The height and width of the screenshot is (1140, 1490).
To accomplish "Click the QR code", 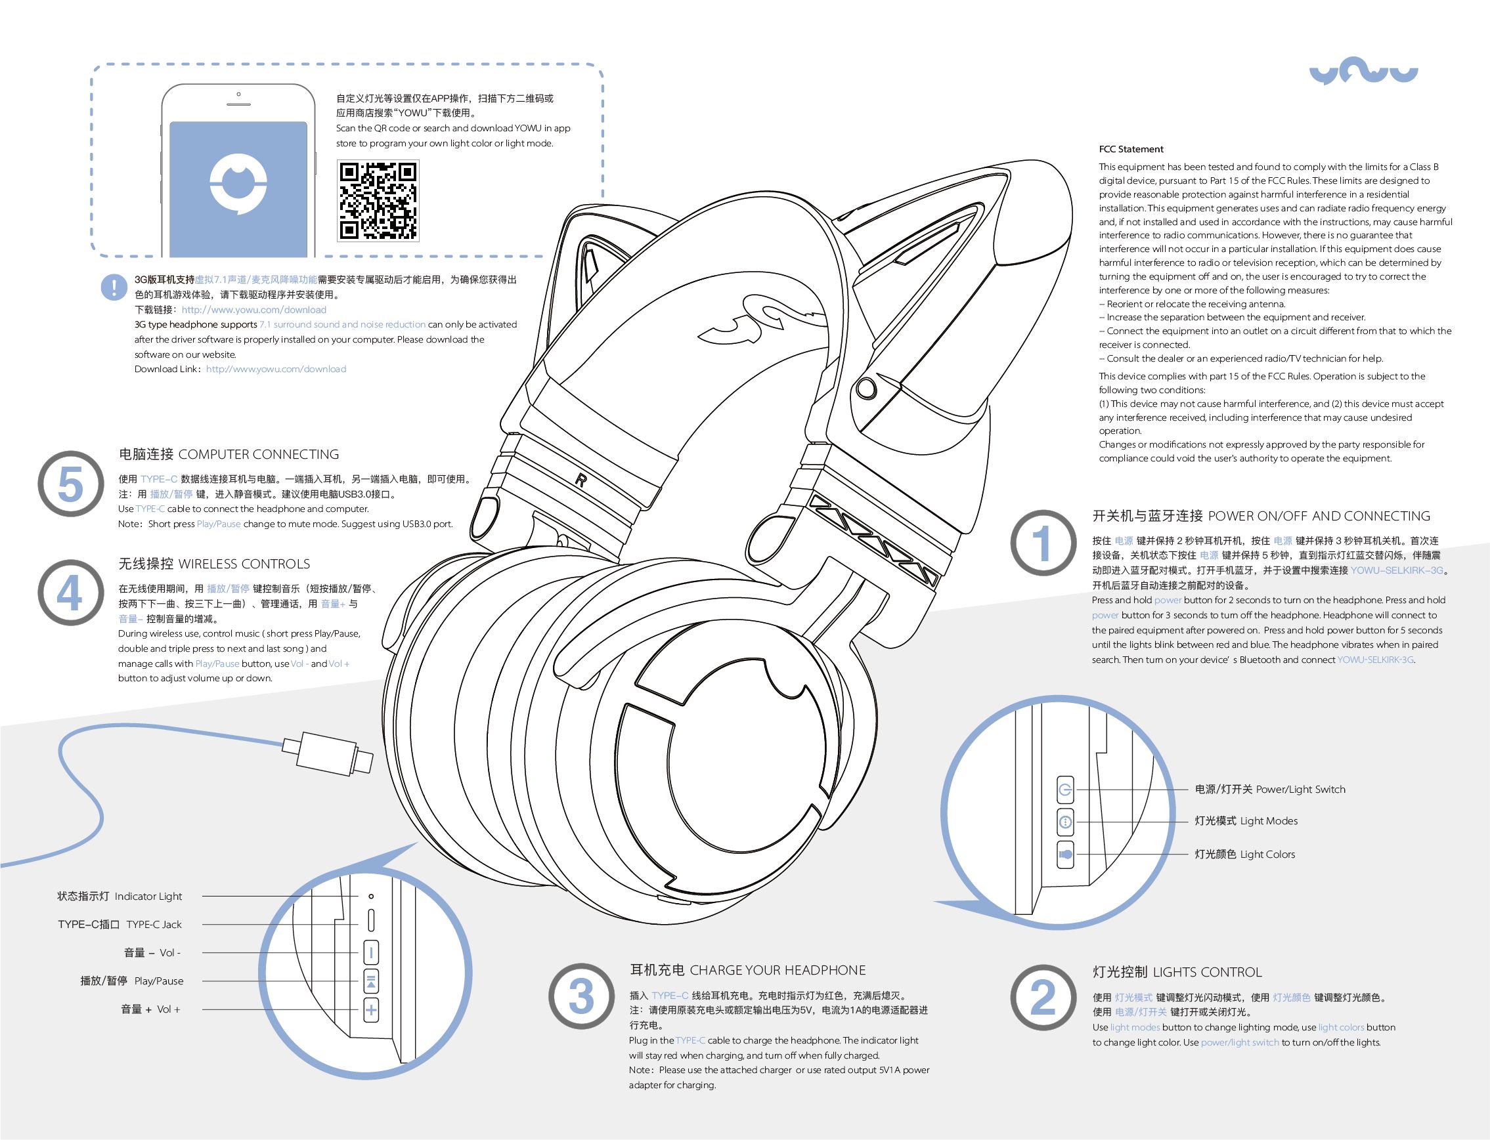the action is point(378,201).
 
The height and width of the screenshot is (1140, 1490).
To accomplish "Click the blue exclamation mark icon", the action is point(114,287).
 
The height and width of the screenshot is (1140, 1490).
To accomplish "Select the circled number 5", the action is point(71,484).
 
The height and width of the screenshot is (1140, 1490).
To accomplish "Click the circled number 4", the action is point(71,593).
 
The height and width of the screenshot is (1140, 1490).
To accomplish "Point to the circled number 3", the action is point(581,996).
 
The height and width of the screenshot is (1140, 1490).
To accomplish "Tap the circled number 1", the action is point(1043,543).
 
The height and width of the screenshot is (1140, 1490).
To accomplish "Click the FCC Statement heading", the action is point(1131,149).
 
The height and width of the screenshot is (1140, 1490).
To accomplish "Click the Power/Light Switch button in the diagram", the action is point(1066,789).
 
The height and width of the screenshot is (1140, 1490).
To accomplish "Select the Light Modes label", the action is point(1246,821).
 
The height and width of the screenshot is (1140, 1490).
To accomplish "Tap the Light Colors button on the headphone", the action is point(1066,855).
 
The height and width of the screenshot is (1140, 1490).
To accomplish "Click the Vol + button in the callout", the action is point(370,1009).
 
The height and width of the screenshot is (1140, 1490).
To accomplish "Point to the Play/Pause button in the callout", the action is point(370,981).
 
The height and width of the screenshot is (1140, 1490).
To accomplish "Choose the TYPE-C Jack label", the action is point(120,924).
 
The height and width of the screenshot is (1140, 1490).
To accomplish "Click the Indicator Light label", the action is point(120,897).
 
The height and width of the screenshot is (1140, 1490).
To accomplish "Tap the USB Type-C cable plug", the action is point(328,753).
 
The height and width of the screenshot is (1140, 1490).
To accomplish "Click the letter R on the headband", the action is point(581,480).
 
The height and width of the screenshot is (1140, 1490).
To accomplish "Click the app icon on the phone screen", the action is point(238,184).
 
